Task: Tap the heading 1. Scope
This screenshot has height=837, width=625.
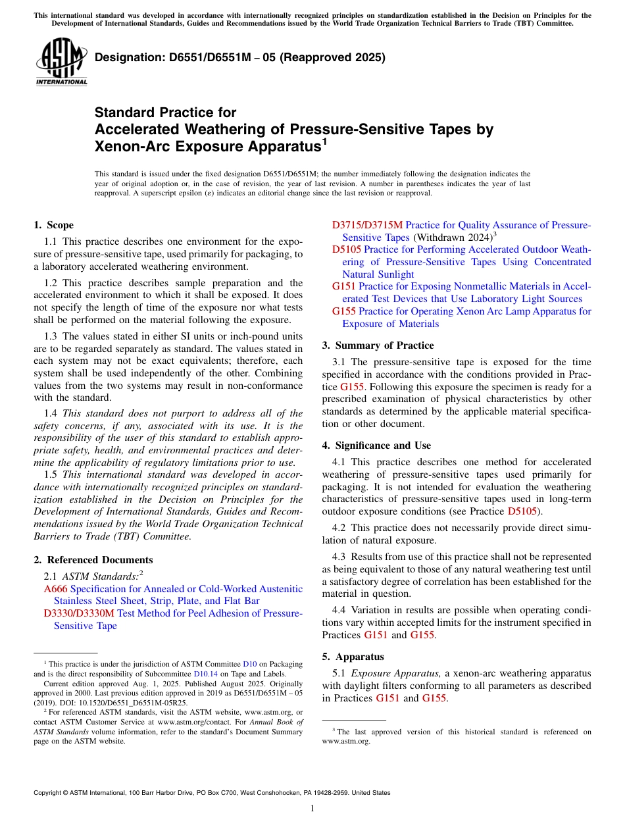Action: pos(54,225)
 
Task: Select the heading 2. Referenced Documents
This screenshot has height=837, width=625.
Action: pos(93,560)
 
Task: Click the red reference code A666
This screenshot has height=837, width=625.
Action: pos(55,589)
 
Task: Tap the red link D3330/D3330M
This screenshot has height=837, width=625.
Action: pos(79,613)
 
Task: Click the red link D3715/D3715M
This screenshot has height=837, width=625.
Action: pos(367,225)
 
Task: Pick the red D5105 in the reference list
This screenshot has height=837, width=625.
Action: pos(346,249)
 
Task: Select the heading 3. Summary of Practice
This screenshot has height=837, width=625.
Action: pos(378,345)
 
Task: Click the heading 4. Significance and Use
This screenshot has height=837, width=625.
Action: pos(377,445)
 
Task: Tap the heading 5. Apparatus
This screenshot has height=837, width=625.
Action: pos(353,657)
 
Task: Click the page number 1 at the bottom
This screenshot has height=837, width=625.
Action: pos(312,809)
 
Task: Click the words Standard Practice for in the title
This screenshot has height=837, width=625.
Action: pos(165,113)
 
